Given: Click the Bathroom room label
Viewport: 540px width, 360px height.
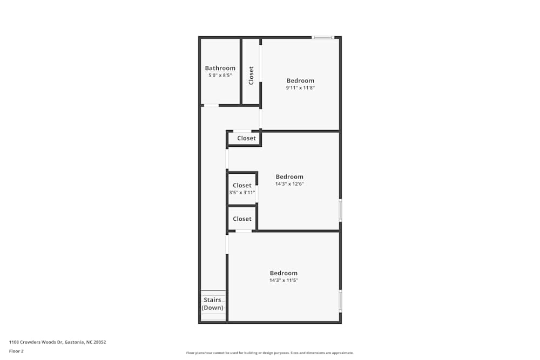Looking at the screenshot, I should pyautogui.click(x=220, y=68).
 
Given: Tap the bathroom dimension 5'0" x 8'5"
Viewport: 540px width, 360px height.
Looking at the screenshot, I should pyautogui.click(x=220, y=76).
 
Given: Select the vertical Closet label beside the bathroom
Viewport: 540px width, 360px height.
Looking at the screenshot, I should pyautogui.click(x=251, y=75).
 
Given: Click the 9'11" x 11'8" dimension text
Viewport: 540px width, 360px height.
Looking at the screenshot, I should pyautogui.click(x=300, y=87).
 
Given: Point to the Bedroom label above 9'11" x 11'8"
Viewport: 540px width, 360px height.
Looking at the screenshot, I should pyautogui.click(x=300, y=80).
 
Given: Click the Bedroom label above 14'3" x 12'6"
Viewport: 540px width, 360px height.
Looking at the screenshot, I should pyautogui.click(x=289, y=176).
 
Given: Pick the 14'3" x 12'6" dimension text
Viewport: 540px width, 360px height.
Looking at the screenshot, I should pyautogui.click(x=289, y=184).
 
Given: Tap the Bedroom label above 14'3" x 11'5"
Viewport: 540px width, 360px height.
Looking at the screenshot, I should pyautogui.click(x=283, y=273).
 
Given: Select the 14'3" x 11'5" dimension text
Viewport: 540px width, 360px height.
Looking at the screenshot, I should pyautogui.click(x=283, y=280).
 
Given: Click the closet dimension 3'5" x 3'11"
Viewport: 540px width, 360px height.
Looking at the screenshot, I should pyautogui.click(x=242, y=192).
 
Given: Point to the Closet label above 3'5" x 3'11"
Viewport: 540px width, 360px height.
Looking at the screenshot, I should pyautogui.click(x=242, y=185).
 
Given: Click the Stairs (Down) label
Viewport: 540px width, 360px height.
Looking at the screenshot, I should pyautogui.click(x=213, y=304).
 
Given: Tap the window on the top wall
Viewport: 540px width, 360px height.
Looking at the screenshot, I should pyautogui.click(x=323, y=37).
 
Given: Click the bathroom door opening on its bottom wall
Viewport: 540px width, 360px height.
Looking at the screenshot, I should pyautogui.click(x=211, y=105).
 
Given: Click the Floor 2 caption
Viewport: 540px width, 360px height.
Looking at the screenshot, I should pyautogui.click(x=16, y=351).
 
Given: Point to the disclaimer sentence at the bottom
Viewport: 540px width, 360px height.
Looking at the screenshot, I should pyautogui.click(x=270, y=353).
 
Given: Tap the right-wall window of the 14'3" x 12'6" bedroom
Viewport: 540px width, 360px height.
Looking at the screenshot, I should pyautogui.click(x=340, y=209).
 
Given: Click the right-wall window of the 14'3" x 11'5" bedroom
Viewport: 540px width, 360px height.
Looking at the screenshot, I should pyautogui.click(x=340, y=301).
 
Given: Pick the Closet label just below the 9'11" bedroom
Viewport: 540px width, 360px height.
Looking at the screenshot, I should pyautogui.click(x=246, y=138).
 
